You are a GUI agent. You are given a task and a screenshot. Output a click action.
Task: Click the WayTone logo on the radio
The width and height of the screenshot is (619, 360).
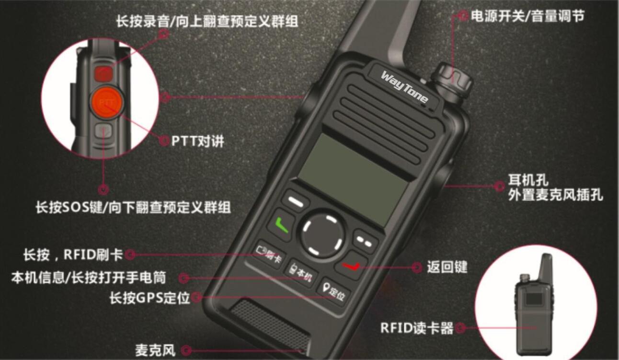click(x=404, y=87)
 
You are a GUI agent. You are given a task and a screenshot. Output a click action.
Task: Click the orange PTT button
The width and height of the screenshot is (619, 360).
click(x=106, y=102)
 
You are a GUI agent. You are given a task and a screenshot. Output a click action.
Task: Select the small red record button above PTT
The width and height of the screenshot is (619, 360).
click(x=103, y=73)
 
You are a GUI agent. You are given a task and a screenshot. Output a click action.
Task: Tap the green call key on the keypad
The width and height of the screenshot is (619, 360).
click(x=281, y=224)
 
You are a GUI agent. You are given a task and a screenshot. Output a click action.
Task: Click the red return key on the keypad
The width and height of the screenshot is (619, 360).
click(x=351, y=265)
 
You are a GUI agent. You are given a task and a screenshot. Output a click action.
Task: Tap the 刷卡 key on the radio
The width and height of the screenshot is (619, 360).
click(x=269, y=252)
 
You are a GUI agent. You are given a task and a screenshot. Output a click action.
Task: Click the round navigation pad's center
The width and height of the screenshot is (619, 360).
click(x=322, y=235)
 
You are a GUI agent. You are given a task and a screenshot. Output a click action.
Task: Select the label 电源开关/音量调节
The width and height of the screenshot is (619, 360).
click(x=527, y=16)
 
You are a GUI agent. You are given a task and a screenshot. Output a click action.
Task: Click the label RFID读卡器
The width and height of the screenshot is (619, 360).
click(x=416, y=328)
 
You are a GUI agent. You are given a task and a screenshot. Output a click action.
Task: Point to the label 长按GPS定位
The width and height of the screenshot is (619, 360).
click(x=149, y=298)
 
